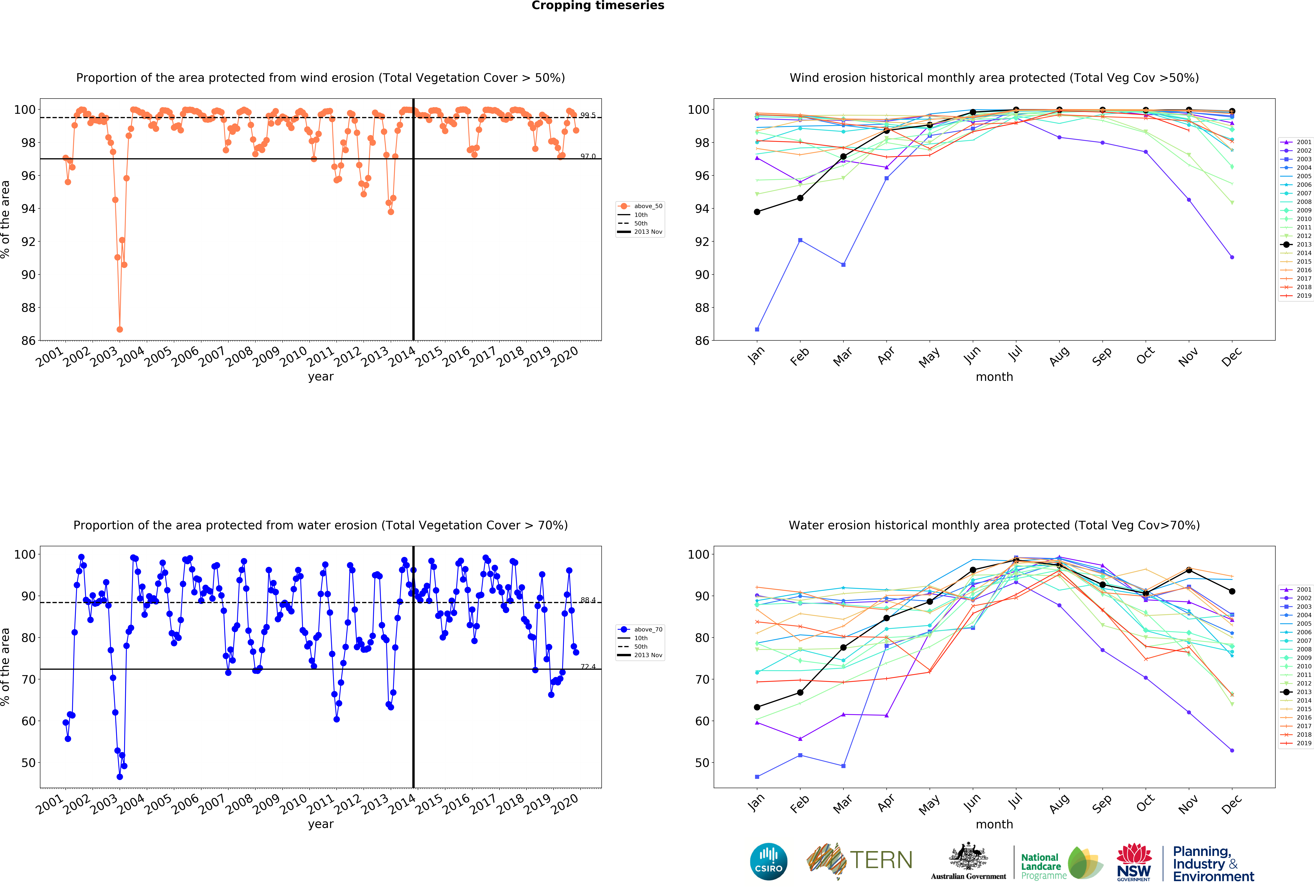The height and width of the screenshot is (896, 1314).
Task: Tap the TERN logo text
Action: (881, 860)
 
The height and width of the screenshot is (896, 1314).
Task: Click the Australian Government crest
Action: (969, 857)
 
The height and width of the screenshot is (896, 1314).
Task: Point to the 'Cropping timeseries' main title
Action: (598, 6)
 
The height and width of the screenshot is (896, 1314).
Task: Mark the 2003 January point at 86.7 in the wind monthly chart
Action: (757, 329)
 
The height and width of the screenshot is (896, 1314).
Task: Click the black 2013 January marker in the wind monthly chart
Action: (757, 212)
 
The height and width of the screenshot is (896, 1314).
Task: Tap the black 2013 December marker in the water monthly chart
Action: (1232, 591)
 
